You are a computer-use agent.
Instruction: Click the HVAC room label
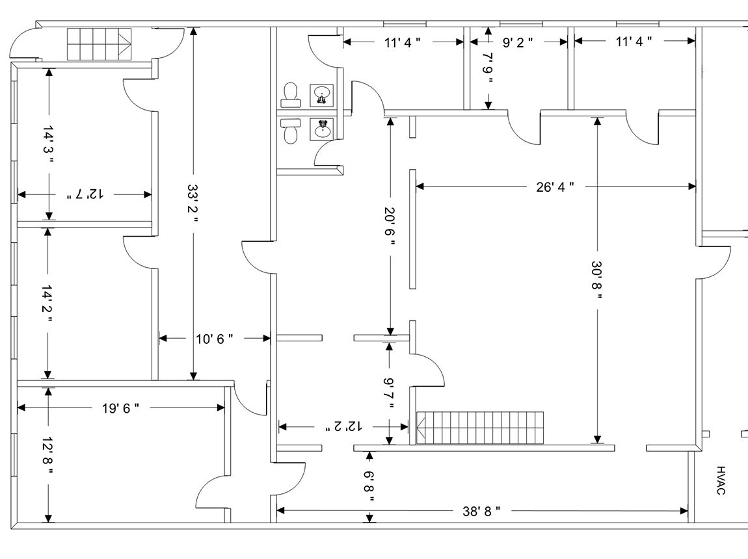pos(721,480)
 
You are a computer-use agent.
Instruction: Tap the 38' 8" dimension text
pos(481,511)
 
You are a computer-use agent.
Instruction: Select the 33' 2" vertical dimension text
pos(193,203)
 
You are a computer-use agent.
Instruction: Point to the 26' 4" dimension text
pos(555,187)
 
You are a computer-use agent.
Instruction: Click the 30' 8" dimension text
pos(597,280)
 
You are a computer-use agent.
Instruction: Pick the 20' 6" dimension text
pos(390,226)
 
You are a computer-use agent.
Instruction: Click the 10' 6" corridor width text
pos(214,338)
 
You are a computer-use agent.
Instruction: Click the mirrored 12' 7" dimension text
pos(85,194)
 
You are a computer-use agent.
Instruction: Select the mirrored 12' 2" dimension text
pos(345,426)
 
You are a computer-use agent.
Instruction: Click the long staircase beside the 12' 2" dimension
pos(480,428)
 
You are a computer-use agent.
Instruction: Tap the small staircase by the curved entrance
pos(97,44)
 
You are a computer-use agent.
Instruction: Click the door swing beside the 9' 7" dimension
pos(428,370)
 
